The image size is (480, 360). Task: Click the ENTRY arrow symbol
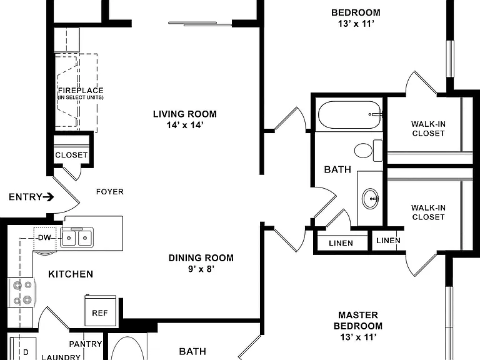(48, 197)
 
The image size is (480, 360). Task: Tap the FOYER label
(110, 192)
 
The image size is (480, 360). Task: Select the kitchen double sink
(77, 237)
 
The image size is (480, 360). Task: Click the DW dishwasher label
(44, 238)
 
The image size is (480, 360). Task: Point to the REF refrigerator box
(100, 311)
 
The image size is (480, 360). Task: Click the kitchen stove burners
(22, 292)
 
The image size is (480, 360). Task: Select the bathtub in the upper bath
(349, 115)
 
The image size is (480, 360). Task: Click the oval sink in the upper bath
(370, 198)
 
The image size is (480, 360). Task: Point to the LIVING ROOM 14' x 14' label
(185, 119)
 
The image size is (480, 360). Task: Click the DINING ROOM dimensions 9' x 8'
(201, 269)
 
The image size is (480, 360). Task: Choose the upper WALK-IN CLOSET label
(428, 129)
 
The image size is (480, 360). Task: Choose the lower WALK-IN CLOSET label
(428, 212)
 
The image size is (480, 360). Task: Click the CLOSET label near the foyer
(71, 155)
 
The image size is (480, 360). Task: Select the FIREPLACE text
(81, 91)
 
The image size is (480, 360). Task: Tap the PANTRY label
(86, 344)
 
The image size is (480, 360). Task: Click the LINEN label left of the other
(341, 243)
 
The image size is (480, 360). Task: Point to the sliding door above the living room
(200, 24)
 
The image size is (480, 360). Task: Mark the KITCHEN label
(71, 274)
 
